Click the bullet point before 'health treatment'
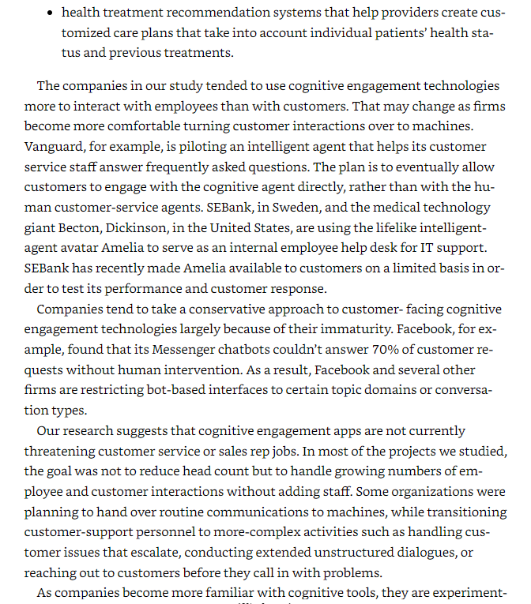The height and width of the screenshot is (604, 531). (x=51, y=13)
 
